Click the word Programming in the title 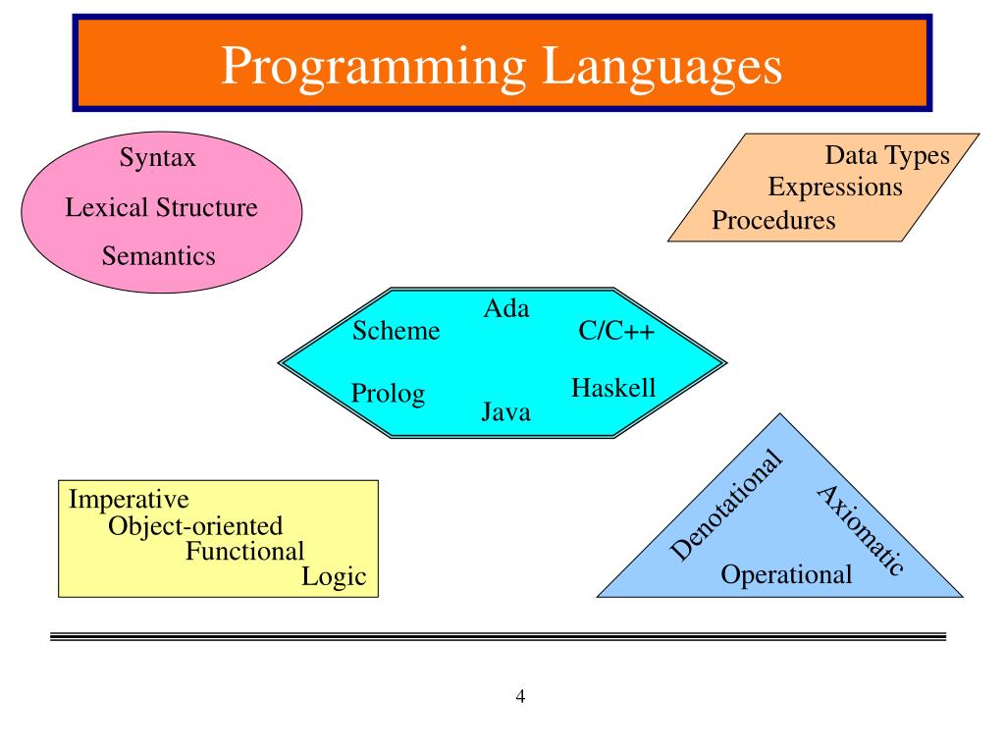[x=374, y=67]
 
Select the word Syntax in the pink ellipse [x=158, y=157]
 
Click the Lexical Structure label [x=161, y=208]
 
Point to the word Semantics [x=158, y=257]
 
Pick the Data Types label [x=887, y=156]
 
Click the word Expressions [x=835, y=187]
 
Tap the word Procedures [x=774, y=220]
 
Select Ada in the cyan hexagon [x=506, y=308]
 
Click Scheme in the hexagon [x=397, y=332]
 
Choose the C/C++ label [x=617, y=332]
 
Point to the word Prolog [x=389, y=395]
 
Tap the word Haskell [x=613, y=389]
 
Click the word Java [x=506, y=412]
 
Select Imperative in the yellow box [x=129, y=500]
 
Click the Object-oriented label [x=195, y=526]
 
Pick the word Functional [x=245, y=551]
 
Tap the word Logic [x=334, y=577]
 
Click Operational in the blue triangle [x=787, y=574]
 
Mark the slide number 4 [x=520, y=697]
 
